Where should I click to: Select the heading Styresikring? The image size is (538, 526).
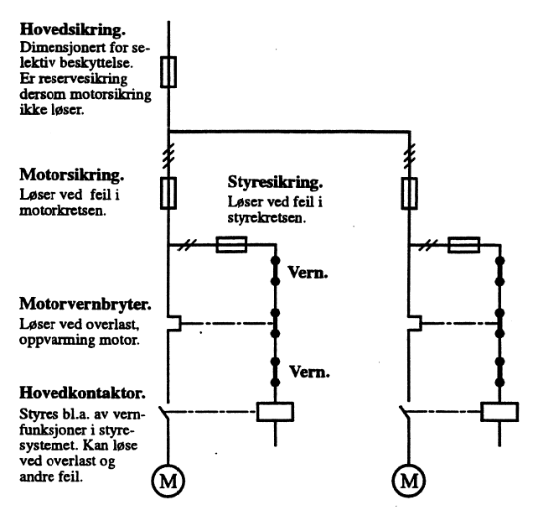click(x=276, y=181)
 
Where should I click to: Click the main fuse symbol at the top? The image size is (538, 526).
click(x=168, y=72)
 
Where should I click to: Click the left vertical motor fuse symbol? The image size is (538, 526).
click(x=168, y=192)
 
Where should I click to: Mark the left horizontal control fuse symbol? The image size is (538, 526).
click(x=230, y=245)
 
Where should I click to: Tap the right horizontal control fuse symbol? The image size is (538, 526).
click(x=463, y=245)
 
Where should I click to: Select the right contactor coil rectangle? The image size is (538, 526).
click(x=499, y=411)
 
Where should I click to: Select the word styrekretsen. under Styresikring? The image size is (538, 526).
click(x=266, y=216)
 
